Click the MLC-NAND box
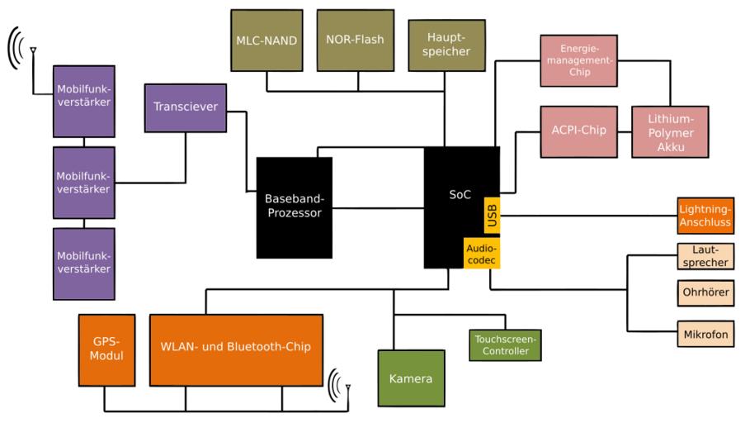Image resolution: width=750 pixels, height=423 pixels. [267, 40]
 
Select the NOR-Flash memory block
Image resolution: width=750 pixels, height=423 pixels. [356, 40]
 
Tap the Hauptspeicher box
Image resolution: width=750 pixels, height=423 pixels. [446, 45]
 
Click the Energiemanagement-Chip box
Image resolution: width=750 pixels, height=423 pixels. [578, 61]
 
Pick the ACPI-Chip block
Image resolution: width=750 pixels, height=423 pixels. [578, 131]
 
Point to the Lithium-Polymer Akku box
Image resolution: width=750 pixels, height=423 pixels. [670, 131]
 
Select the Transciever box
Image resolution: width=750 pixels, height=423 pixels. [186, 107]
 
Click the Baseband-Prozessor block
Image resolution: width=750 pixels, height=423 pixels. [295, 208]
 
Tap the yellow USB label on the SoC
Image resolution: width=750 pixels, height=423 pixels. [493, 215]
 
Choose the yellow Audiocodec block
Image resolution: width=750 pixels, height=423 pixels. [482, 254]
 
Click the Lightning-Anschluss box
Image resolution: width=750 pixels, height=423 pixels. [705, 216]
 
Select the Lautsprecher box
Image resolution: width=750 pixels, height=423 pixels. [705, 256]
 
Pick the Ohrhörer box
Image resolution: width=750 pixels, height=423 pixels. [705, 292]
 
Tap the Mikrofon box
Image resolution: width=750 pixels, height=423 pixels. [705, 334]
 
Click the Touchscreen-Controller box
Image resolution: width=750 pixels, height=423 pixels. [505, 345]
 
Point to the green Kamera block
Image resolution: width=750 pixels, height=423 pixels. [412, 378]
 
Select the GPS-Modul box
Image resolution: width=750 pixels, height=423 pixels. [106, 350]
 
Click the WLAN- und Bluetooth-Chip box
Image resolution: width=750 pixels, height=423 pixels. [236, 350]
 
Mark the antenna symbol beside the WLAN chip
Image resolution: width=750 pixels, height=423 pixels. [340, 386]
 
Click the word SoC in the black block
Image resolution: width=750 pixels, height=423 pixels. [460, 194]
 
